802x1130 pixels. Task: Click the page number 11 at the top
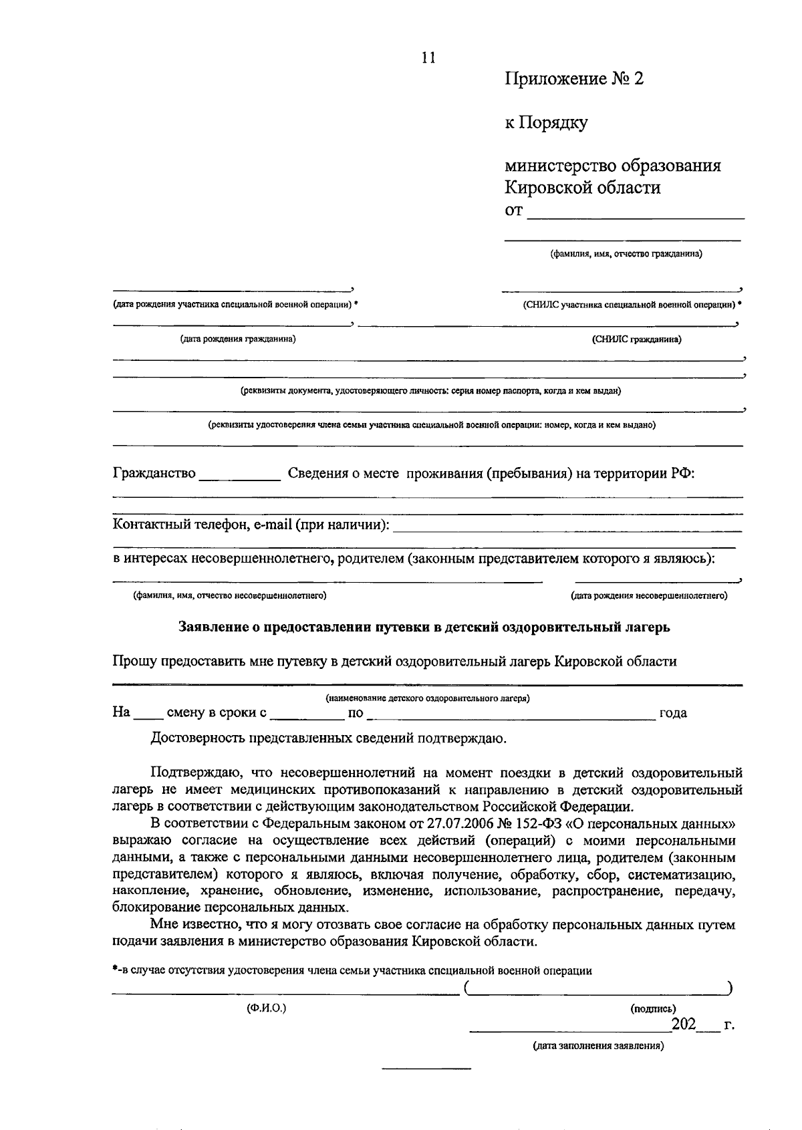pos(428,57)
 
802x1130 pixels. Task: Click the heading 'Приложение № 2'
pos(573,80)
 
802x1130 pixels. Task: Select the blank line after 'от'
pos(635,214)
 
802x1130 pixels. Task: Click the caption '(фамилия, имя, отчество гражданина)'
pos(626,254)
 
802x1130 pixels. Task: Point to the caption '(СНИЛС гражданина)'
pos(636,339)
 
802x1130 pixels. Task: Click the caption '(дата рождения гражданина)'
pos(237,339)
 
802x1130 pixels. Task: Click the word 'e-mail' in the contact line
pos(273,525)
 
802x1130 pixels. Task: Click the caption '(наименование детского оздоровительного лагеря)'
pos(428,698)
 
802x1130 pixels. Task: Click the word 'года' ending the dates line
pos(673,713)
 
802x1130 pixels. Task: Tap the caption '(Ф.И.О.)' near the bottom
pos(266,1008)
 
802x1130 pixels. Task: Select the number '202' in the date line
pos(684,1024)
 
